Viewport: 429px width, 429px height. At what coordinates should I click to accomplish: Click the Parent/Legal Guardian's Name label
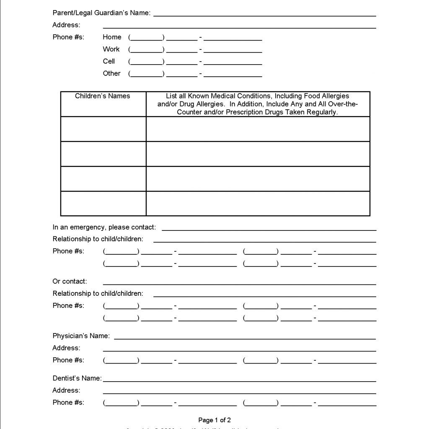click(101, 13)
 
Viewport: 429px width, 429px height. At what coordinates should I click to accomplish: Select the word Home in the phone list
click(112, 37)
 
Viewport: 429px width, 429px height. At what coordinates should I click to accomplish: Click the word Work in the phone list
click(111, 49)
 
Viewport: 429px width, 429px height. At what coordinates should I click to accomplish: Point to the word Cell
click(109, 61)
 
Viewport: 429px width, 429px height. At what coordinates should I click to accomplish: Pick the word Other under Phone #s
click(111, 73)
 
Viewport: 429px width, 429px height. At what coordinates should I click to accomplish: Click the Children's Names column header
click(103, 96)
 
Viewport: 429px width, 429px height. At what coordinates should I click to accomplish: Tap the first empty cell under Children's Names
click(103, 129)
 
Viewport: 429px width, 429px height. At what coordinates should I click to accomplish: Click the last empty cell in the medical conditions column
click(258, 204)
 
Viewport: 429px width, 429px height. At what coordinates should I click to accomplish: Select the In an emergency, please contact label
click(104, 227)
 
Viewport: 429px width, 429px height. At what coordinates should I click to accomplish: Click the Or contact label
click(70, 281)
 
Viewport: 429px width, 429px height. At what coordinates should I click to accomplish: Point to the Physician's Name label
click(81, 336)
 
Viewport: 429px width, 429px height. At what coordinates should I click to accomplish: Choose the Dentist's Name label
click(77, 378)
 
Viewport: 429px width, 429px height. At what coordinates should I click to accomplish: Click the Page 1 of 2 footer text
click(214, 420)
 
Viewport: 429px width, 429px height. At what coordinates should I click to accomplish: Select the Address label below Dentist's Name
click(66, 390)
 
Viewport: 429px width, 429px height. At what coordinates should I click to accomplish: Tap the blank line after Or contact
click(239, 283)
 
